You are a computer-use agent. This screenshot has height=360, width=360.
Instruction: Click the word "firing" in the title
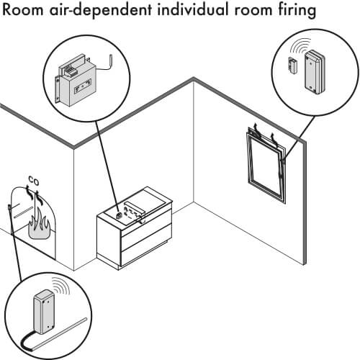[297, 10]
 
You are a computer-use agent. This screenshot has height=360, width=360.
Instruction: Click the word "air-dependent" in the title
[101, 11]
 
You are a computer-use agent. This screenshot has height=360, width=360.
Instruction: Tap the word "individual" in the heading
[194, 9]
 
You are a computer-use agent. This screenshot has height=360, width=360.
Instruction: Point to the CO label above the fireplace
[34, 181]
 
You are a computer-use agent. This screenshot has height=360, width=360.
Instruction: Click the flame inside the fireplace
[39, 225]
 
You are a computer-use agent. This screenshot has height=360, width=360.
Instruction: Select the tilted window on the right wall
[266, 166]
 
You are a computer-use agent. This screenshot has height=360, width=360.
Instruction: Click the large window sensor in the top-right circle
[315, 71]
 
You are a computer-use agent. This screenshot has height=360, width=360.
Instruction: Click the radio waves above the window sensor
[300, 45]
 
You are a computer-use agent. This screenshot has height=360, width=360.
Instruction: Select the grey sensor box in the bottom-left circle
[44, 312]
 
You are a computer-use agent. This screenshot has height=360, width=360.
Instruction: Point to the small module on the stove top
[118, 215]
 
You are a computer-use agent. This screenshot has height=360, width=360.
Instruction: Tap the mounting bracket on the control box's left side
[58, 89]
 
